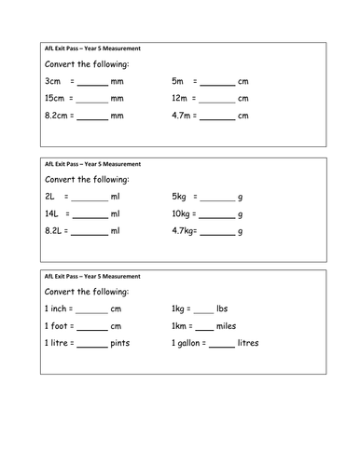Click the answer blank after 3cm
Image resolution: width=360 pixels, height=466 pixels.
click(x=91, y=84)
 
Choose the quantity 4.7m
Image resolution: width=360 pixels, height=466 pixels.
click(x=184, y=117)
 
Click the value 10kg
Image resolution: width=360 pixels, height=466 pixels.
click(x=183, y=215)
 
